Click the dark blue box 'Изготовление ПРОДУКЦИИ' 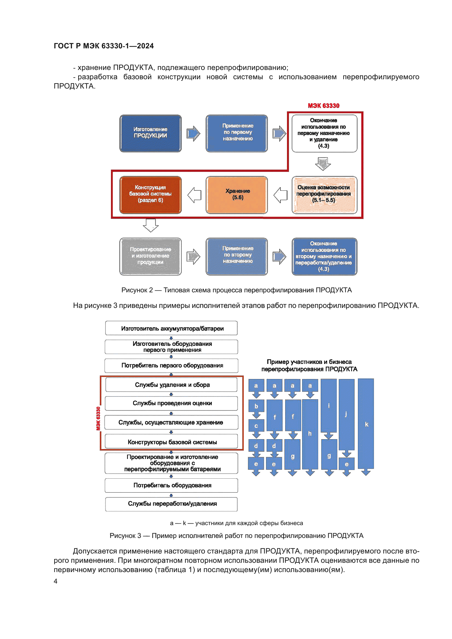click(x=150, y=133)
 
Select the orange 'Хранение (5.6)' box click(x=237, y=195)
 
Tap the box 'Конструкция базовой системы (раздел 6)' click(x=150, y=195)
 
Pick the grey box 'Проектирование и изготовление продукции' click(x=150, y=256)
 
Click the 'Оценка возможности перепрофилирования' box click(x=324, y=195)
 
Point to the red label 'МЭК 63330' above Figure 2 click(x=323, y=106)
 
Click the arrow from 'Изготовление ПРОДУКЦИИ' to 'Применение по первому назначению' click(x=193, y=134)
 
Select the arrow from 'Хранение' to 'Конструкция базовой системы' click(x=194, y=195)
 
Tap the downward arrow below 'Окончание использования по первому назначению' click(x=323, y=163)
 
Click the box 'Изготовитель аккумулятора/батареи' click(x=171, y=328)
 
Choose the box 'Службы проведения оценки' click(x=171, y=403)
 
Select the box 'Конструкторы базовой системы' click(x=171, y=442)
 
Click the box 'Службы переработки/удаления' click(x=171, y=504)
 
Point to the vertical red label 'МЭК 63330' click(x=98, y=418)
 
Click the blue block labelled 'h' click(x=310, y=434)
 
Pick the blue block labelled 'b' click(x=256, y=406)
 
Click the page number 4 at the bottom click(x=56, y=581)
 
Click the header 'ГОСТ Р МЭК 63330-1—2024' click(x=104, y=46)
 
